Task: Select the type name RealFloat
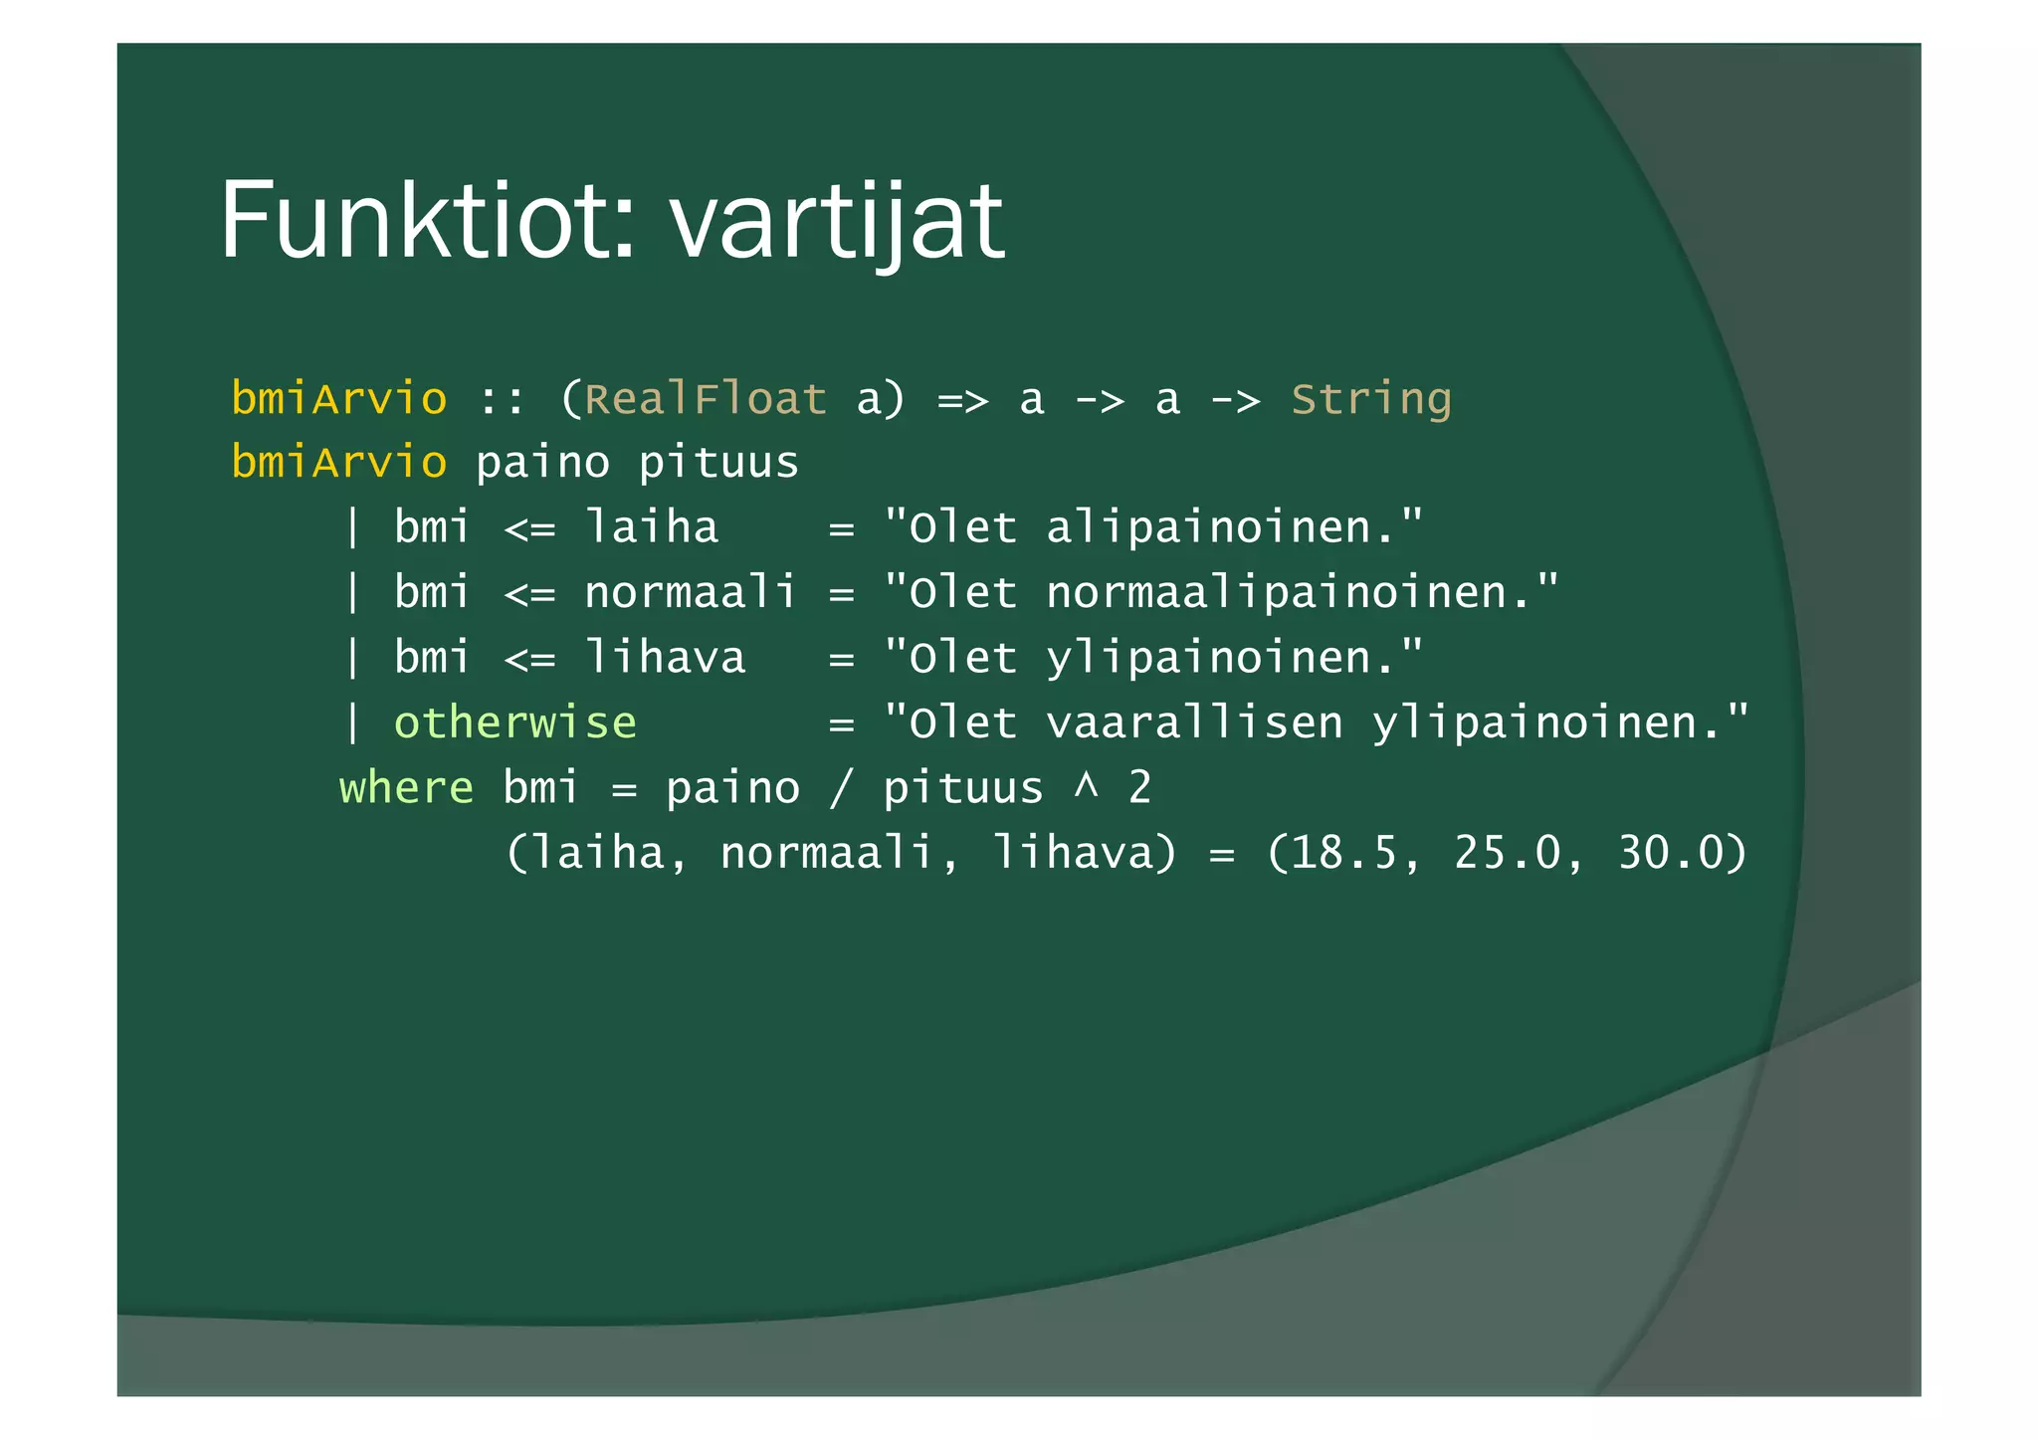[x=705, y=399]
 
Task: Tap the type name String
[x=1370, y=399]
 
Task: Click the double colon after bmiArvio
[x=503, y=400]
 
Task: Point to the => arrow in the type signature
[x=962, y=400]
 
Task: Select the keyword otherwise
[x=514, y=722]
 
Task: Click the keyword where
[x=406, y=788]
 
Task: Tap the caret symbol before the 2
[x=1086, y=786]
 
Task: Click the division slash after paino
[x=841, y=788]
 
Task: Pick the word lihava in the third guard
[x=664, y=658]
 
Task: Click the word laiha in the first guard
[x=651, y=527]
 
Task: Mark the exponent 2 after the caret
[x=1139, y=788]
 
